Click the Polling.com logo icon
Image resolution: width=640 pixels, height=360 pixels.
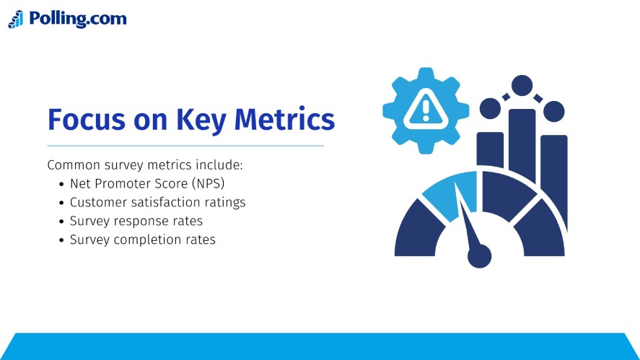pyautogui.click(x=16, y=19)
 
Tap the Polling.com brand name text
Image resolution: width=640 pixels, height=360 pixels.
pyautogui.click(x=78, y=19)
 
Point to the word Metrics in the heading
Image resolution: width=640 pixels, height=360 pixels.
pyautogui.click(x=285, y=119)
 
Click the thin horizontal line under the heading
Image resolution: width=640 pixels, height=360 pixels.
pyautogui.click(x=185, y=146)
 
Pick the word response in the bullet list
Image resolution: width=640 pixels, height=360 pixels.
pyautogui.click(x=138, y=221)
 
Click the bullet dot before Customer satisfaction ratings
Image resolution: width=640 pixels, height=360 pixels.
pyautogui.click(x=61, y=203)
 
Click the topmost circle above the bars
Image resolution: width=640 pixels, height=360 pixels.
pyautogui.click(x=522, y=85)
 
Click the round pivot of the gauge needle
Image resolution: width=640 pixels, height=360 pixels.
pyautogui.click(x=479, y=255)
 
